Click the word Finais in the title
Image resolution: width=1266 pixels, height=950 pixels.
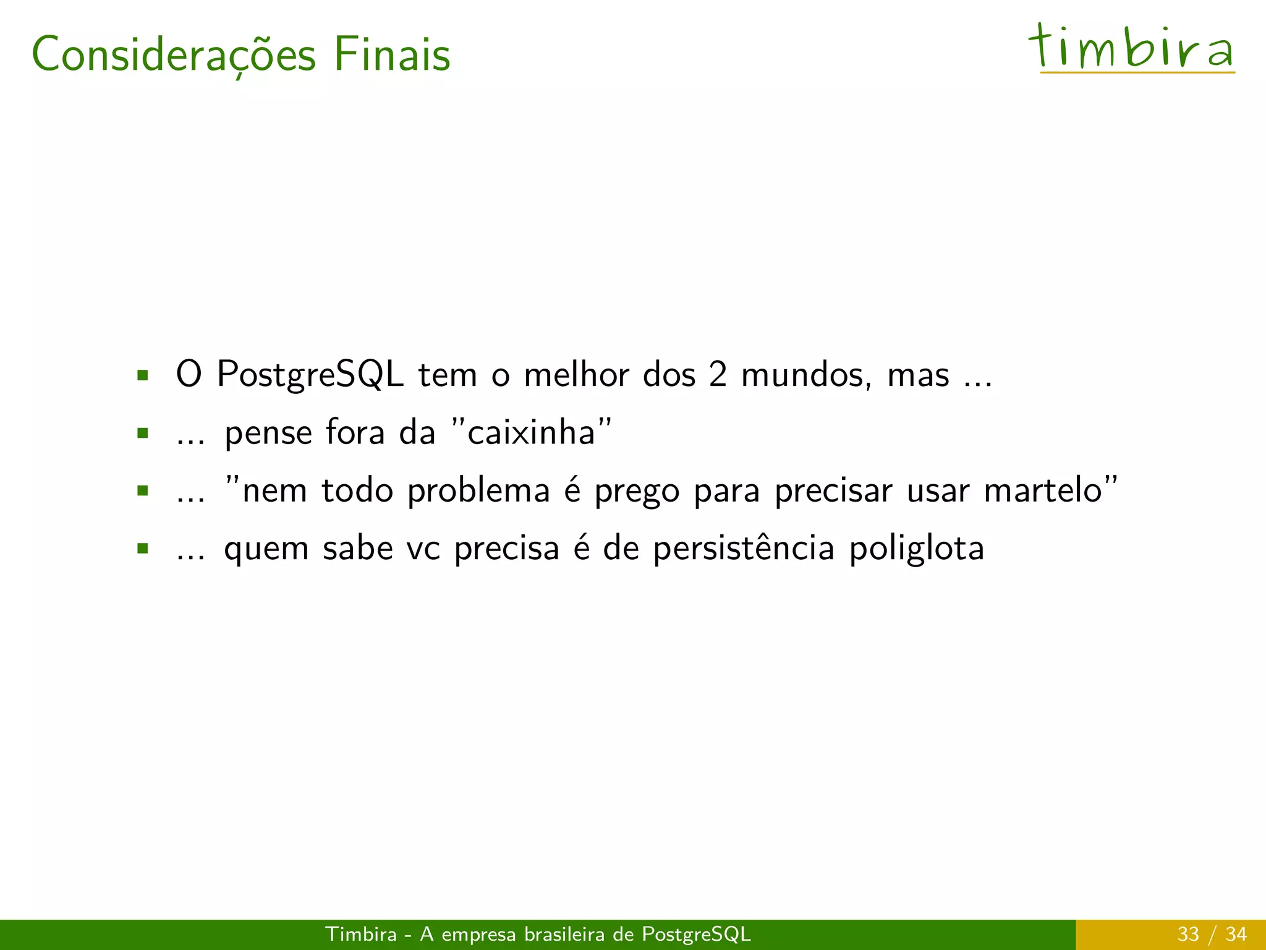coord(392,54)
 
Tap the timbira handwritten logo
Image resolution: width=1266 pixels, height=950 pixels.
coord(1131,48)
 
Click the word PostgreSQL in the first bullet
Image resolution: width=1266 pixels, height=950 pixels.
coord(310,375)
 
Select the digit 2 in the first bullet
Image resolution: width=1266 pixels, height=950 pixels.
coord(718,375)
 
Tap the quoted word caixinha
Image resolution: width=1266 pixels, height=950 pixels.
coord(531,432)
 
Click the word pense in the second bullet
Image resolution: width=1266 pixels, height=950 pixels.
coord(268,432)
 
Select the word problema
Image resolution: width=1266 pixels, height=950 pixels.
coord(478,490)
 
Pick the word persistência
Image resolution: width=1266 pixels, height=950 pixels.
coord(744,549)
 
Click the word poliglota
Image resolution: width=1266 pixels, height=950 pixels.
coord(916,549)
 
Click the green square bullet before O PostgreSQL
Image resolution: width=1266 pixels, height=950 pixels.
coord(143,375)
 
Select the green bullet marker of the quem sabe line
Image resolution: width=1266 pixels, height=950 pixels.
coord(143,549)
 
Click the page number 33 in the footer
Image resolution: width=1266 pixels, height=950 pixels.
coord(1187,934)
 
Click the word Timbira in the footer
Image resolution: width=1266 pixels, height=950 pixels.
coord(361,934)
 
